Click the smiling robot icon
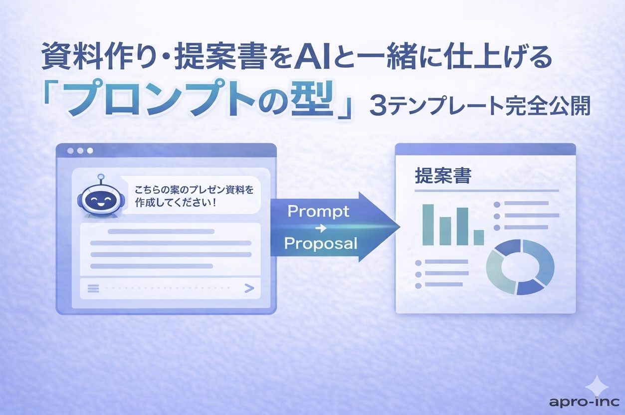click(x=100, y=197)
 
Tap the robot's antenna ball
click(x=101, y=177)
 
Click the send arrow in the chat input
click(x=249, y=288)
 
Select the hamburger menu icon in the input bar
click(x=93, y=288)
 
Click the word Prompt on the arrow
click(x=318, y=211)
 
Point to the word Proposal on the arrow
click(x=321, y=243)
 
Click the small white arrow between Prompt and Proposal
click(x=321, y=228)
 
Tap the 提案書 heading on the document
click(x=443, y=175)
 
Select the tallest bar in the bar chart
click(x=428, y=224)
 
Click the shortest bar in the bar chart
click(x=479, y=237)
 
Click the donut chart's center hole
click(x=520, y=267)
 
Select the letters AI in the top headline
click(x=312, y=60)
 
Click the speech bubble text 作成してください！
click(x=176, y=203)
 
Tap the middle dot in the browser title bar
click(x=80, y=151)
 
